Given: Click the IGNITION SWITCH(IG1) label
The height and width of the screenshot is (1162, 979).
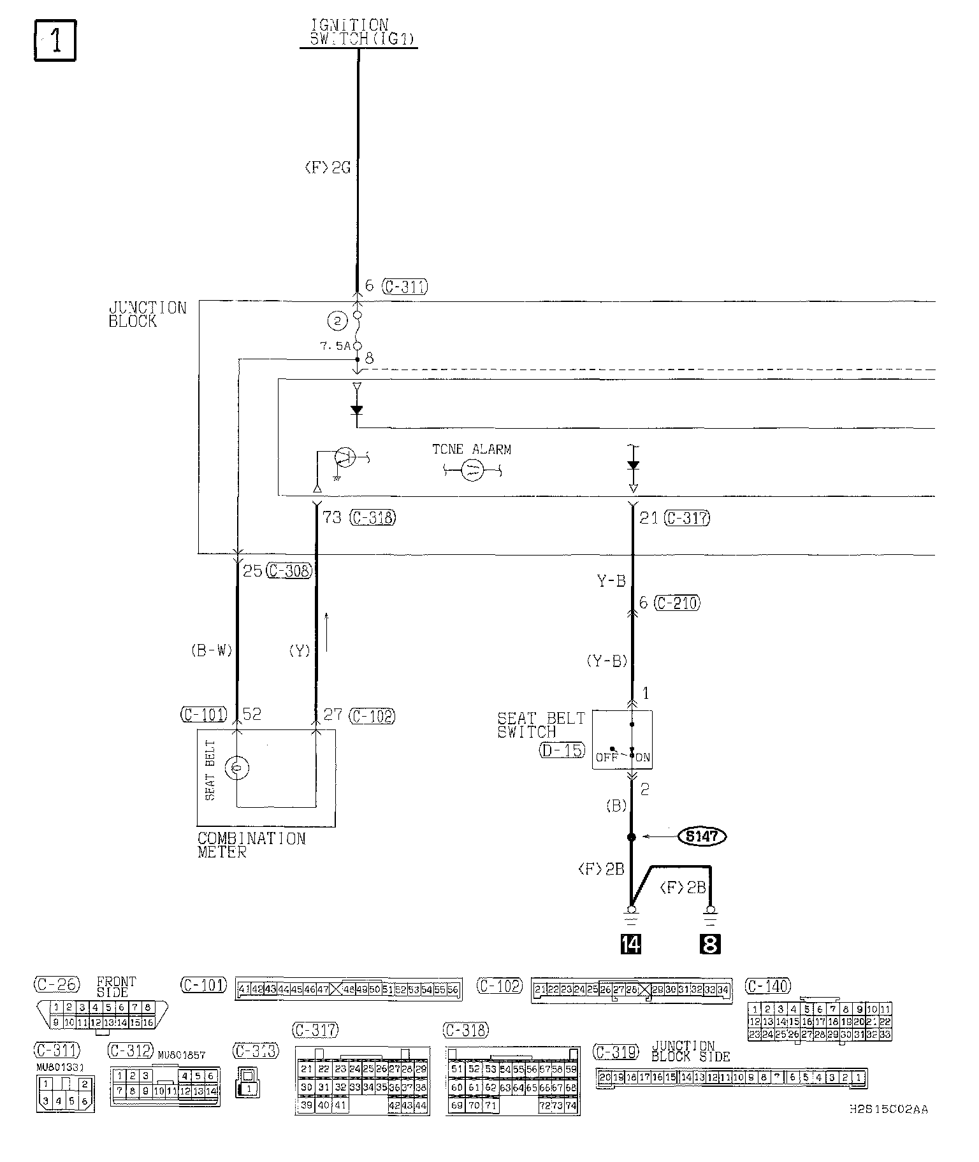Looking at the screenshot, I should tap(358, 32).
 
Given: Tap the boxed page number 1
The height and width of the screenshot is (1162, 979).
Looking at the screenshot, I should tap(55, 41).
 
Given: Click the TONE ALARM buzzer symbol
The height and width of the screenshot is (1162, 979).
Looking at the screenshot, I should tap(473, 471).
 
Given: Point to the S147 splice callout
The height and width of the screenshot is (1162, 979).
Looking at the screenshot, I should tap(702, 836).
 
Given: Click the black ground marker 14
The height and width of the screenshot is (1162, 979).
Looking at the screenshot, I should tap(631, 943).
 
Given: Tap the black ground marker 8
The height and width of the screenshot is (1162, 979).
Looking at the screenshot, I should tap(709, 943).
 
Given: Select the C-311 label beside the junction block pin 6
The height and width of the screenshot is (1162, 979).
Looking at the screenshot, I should tap(405, 287).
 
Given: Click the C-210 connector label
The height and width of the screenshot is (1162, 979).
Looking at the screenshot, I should tap(678, 602).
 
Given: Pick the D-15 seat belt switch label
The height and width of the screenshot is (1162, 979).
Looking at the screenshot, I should tap(562, 750).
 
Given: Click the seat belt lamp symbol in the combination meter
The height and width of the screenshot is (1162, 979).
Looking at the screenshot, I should tap(237, 768).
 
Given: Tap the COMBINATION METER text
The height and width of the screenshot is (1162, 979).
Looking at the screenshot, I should tap(251, 845).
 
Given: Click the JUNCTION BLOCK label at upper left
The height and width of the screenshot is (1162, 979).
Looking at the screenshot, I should tap(147, 314).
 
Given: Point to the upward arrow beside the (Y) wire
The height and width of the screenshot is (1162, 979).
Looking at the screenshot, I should tap(327, 631).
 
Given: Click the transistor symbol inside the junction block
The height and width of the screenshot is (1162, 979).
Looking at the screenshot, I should tap(344, 457).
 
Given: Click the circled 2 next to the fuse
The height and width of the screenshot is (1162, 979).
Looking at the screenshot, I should tap(337, 322).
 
